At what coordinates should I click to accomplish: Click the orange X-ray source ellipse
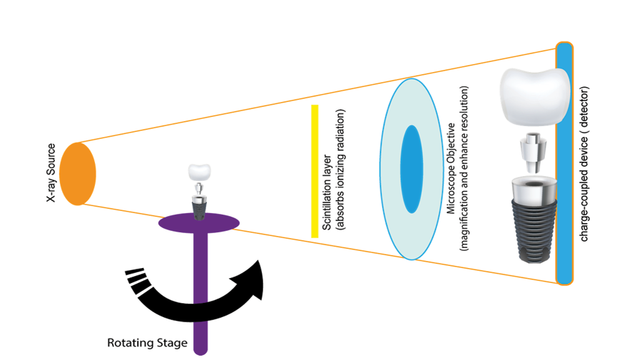(77, 173)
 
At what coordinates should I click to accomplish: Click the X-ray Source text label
(51, 174)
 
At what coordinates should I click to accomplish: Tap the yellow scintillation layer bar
(314, 171)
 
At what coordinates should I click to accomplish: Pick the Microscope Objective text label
(451, 169)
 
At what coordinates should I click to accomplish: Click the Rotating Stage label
(147, 343)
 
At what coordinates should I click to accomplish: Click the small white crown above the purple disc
(200, 171)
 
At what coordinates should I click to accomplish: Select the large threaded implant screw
(529, 221)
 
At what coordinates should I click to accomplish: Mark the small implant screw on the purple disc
(200, 207)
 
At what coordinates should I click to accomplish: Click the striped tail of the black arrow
(136, 279)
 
